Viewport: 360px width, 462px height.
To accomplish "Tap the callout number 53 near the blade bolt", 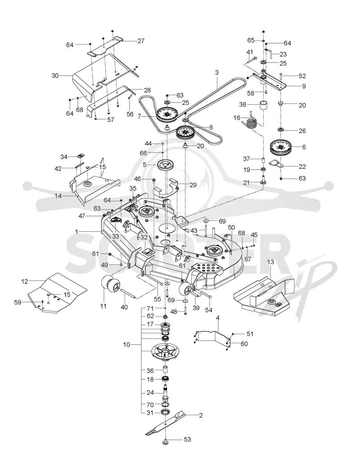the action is coord(187,440).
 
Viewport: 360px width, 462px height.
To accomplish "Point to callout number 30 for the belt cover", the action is coord(55,76).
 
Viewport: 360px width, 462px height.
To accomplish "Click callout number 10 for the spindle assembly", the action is coord(126,344).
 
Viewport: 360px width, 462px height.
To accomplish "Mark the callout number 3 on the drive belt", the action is coord(217,72).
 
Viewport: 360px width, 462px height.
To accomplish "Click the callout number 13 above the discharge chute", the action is coord(270,262).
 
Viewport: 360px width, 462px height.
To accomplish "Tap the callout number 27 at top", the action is coord(141,40).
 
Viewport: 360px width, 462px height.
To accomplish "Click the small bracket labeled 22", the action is coord(276,163).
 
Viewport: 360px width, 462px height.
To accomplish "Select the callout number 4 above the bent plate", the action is coord(218,318).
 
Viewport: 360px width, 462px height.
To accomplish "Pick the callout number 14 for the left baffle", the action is coord(58,195).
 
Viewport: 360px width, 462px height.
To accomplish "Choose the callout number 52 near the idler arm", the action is coord(302,76).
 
